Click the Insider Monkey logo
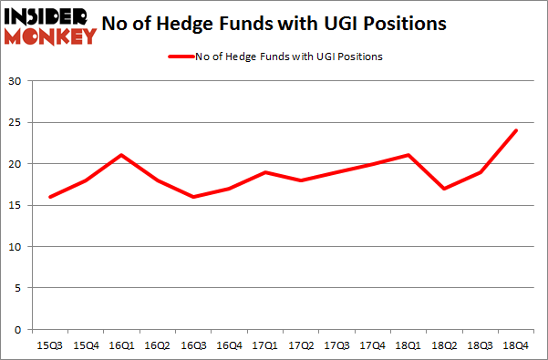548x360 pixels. pyautogui.click(x=50, y=26)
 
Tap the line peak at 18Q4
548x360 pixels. pyautogui.click(x=516, y=130)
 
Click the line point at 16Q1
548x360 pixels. pyautogui.click(x=121, y=155)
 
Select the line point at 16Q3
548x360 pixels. pyautogui.click(x=192, y=197)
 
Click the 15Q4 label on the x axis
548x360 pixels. pyautogui.click(x=85, y=346)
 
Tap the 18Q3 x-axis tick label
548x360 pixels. pyautogui.click(x=480, y=346)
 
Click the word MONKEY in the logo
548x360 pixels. pyautogui.click(x=50, y=36)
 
